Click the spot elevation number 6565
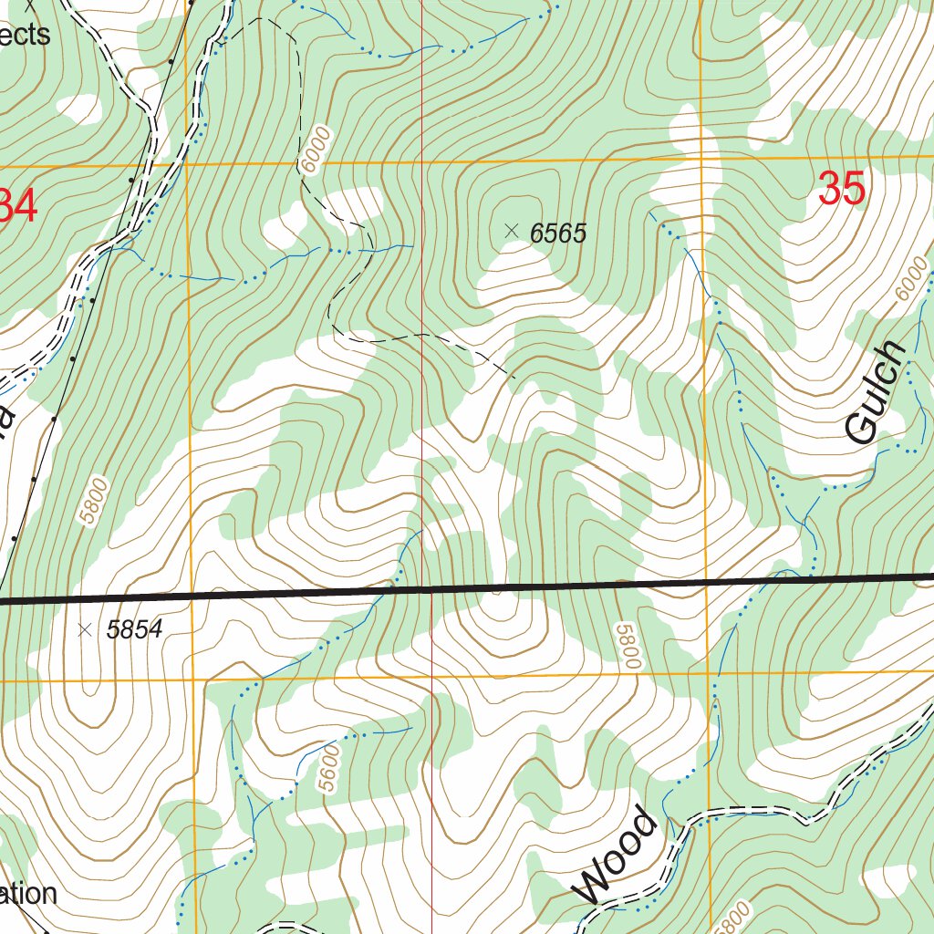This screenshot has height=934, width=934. [557, 233]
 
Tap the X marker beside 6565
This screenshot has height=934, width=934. [512, 232]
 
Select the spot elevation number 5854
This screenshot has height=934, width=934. [134, 629]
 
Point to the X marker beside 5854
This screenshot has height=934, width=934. [86, 628]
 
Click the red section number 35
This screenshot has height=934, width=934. [841, 190]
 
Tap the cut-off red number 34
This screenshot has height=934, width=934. [18, 205]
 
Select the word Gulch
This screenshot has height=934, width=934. [877, 394]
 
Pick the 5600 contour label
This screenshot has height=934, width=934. [330, 768]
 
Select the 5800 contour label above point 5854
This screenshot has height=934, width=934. [94, 501]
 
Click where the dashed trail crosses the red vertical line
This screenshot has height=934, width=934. [423, 335]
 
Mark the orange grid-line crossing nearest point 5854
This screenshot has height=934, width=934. [194, 680]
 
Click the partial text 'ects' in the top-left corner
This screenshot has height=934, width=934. [25, 35]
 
